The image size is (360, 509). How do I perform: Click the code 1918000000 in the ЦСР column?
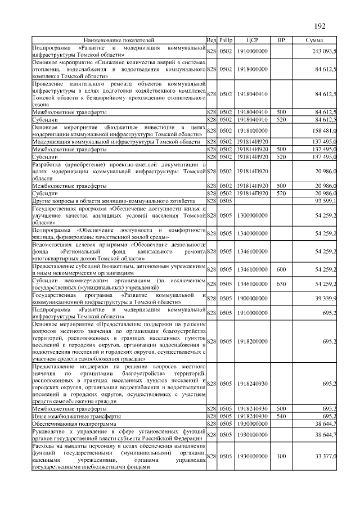(x=252, y=69)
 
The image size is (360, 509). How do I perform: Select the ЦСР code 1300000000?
(x=252, y=215)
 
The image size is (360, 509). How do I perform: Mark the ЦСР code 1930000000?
(x=252, y=423)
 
